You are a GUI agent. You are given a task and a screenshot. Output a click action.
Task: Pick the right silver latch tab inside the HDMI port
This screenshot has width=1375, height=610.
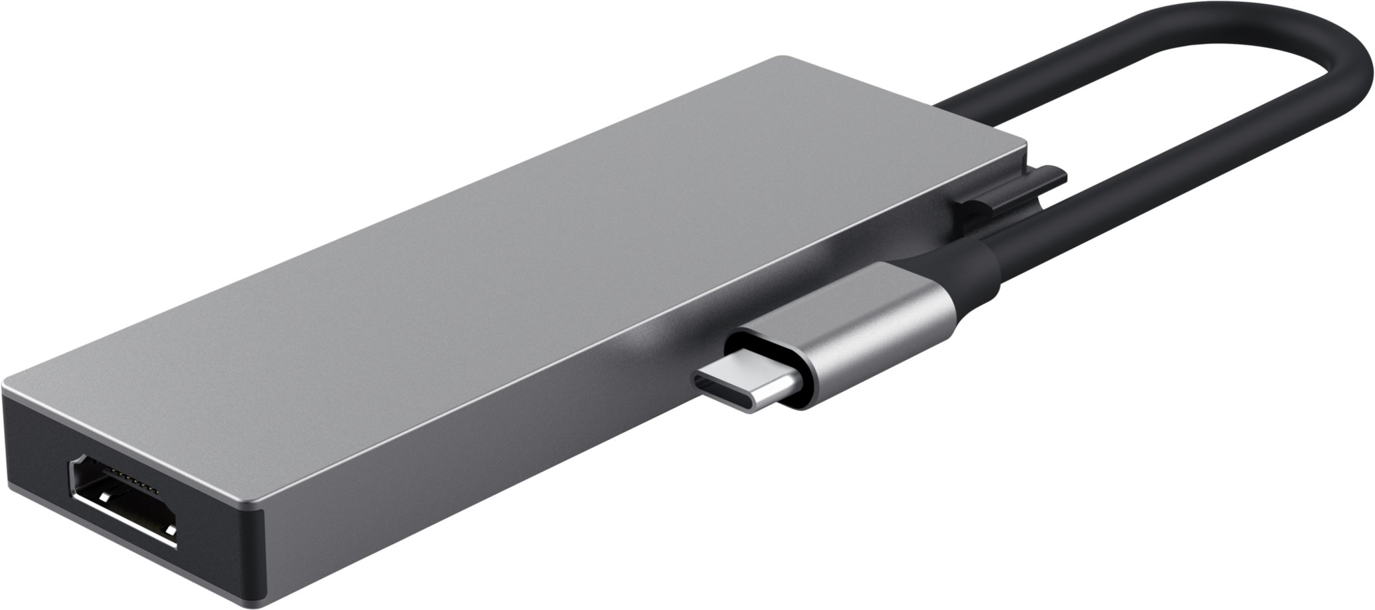tap(171, 530)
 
